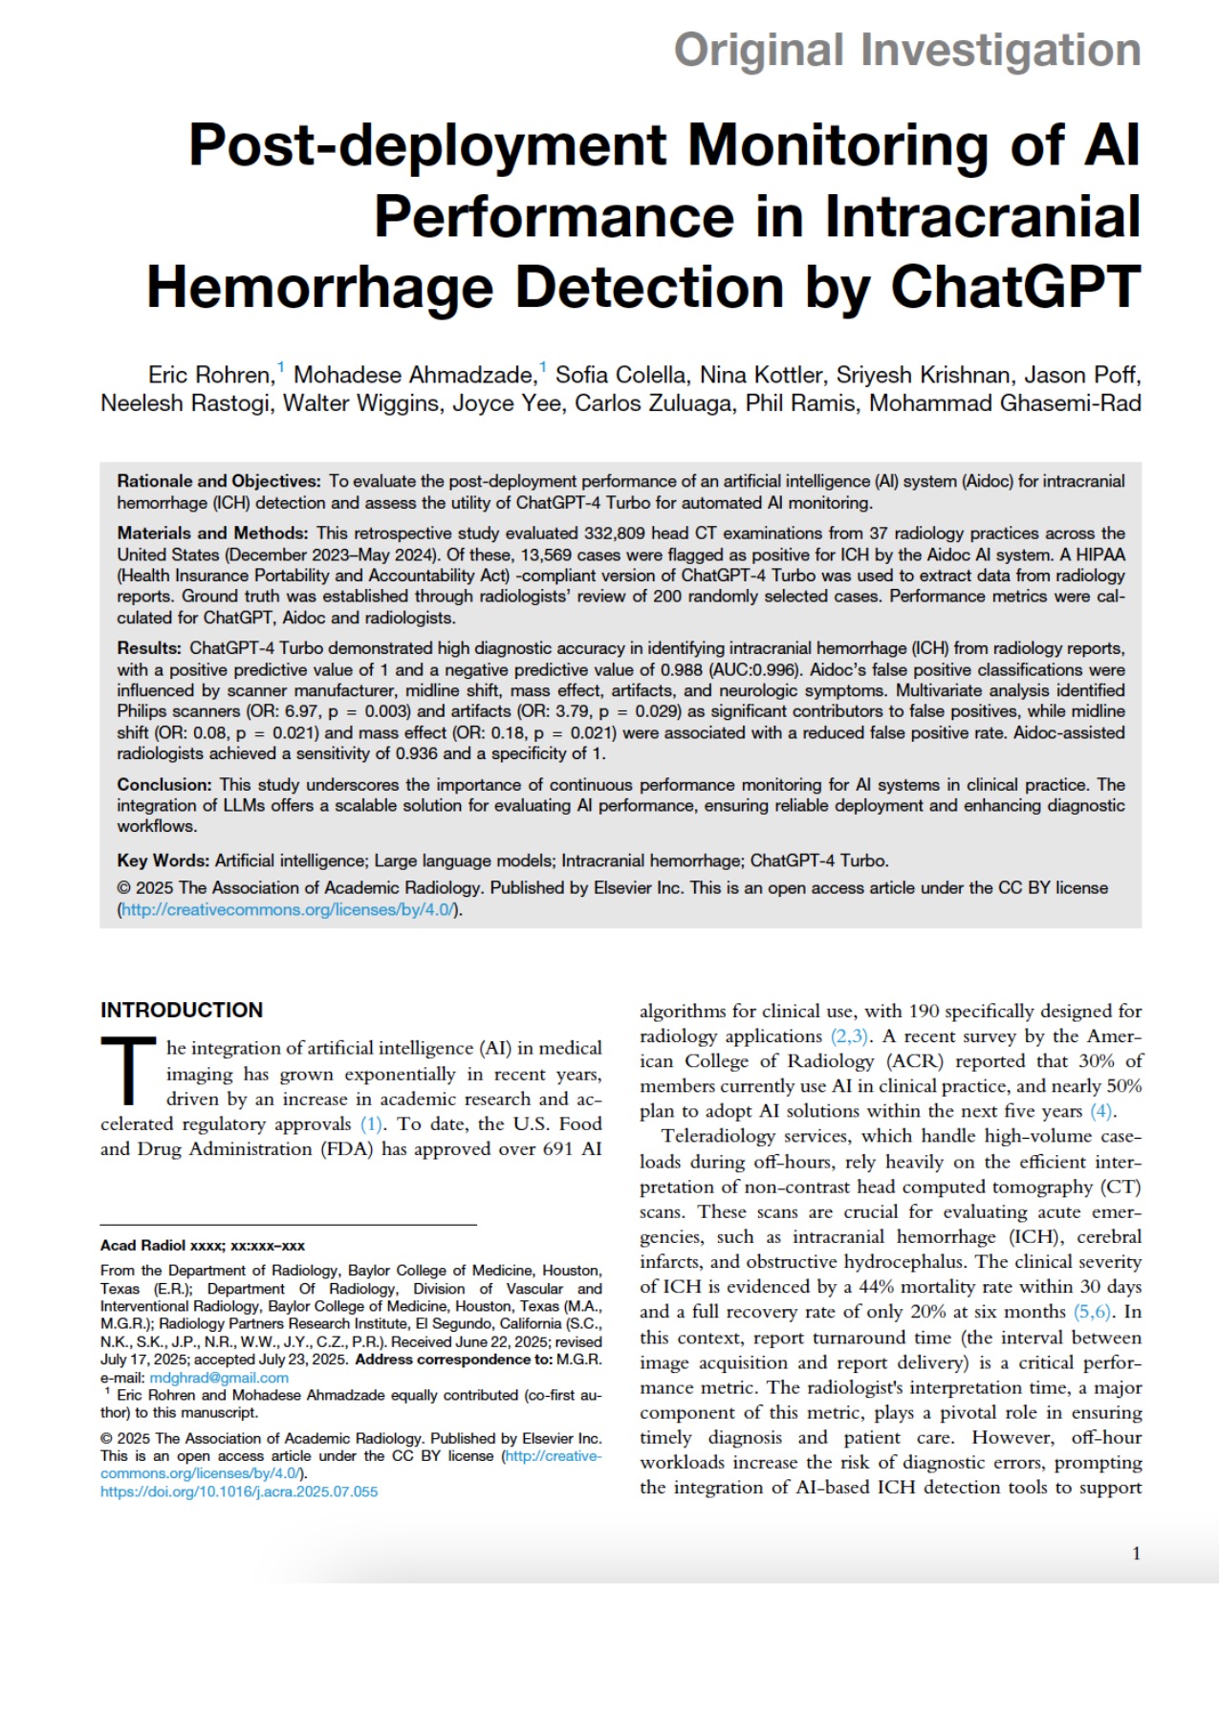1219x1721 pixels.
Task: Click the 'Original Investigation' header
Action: click(x=906, y=51)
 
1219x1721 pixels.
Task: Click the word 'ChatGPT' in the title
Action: click(x=1015, y=287)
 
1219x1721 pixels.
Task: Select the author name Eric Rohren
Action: click(x=210, y=375)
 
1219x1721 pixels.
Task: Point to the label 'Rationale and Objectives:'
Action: click(x=219, y=481)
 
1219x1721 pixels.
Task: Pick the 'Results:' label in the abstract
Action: click(x=149, y=648)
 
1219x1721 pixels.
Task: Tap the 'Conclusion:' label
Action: click(x=163, y=784)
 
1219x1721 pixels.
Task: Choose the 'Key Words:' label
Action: click(x=163, y=860)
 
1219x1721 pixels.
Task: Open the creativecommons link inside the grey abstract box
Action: click(x=288, y=909)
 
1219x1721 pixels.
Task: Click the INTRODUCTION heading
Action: click(x=182, y=1010)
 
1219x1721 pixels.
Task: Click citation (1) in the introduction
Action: click(x=371, y=1123)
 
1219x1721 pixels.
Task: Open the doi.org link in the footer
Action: click(x=239, y=1492)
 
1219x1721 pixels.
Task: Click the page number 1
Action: click(x=1136, y=1554)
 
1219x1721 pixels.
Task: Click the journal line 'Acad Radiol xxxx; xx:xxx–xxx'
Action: click(x=203, y=1245)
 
